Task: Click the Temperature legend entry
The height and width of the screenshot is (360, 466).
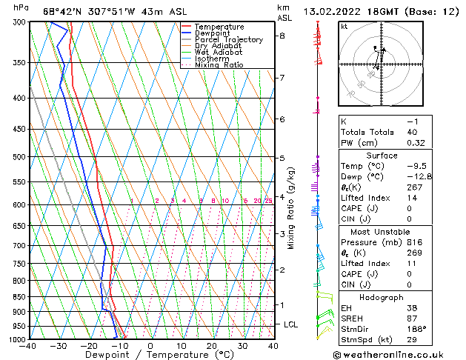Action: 219,27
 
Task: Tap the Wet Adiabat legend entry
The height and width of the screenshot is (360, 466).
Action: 219,53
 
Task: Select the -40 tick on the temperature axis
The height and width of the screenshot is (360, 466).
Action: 28,346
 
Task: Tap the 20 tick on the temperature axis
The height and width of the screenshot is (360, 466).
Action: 211,346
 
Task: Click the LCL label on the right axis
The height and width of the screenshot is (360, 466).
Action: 291,324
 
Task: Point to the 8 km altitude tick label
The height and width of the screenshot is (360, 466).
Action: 282,36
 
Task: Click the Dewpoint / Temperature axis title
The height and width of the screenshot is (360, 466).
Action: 150,355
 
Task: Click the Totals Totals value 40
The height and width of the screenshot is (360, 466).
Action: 412,132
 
